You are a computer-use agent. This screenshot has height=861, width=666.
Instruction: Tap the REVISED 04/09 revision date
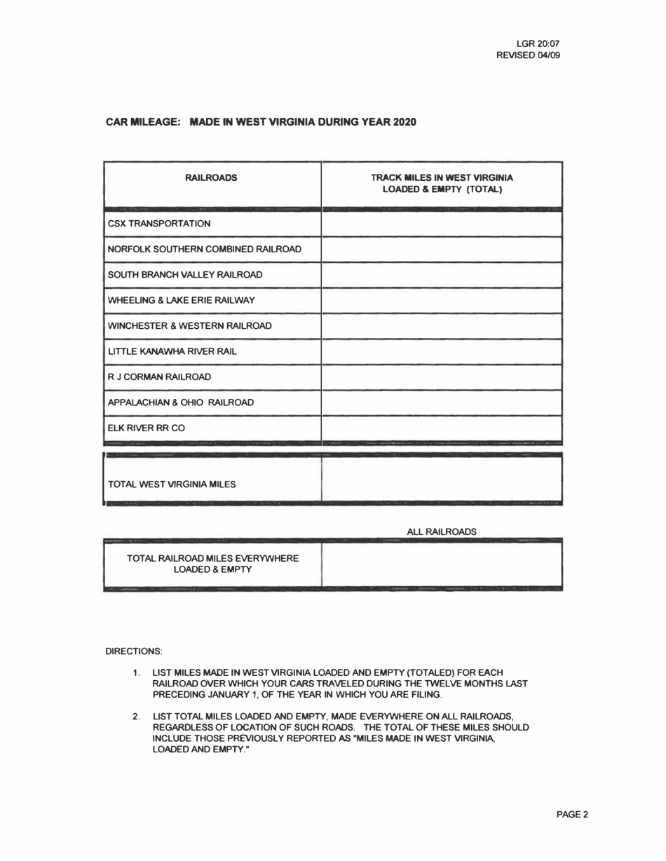tap(528, 55)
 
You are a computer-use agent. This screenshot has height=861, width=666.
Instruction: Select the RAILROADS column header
tap(211, 178)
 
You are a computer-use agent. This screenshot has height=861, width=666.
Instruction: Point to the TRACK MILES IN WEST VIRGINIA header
tap(442, 178)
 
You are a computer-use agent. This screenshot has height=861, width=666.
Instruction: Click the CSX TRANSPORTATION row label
tap(158, 224)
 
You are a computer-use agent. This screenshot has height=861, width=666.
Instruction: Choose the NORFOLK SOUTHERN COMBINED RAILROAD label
tap(205, 249)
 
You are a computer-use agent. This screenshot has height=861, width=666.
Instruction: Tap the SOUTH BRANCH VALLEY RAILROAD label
tap(184, 274)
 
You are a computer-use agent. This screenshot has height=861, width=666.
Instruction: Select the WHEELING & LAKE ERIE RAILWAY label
tap(180, 300)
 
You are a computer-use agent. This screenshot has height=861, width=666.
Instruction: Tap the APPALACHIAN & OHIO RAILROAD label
tap(180, 402)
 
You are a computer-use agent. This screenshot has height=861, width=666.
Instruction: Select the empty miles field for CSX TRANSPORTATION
tap(442, 224)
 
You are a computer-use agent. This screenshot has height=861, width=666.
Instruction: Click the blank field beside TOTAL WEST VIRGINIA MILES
tap(442, 480)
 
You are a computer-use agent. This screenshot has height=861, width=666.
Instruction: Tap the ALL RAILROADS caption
tap(442, 532)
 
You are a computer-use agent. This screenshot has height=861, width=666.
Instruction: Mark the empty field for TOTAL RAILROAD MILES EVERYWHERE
tap(442, 564)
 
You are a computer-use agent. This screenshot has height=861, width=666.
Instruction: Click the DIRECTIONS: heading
tap(133, 651)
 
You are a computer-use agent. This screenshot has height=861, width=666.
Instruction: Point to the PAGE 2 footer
tap(572, 814)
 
